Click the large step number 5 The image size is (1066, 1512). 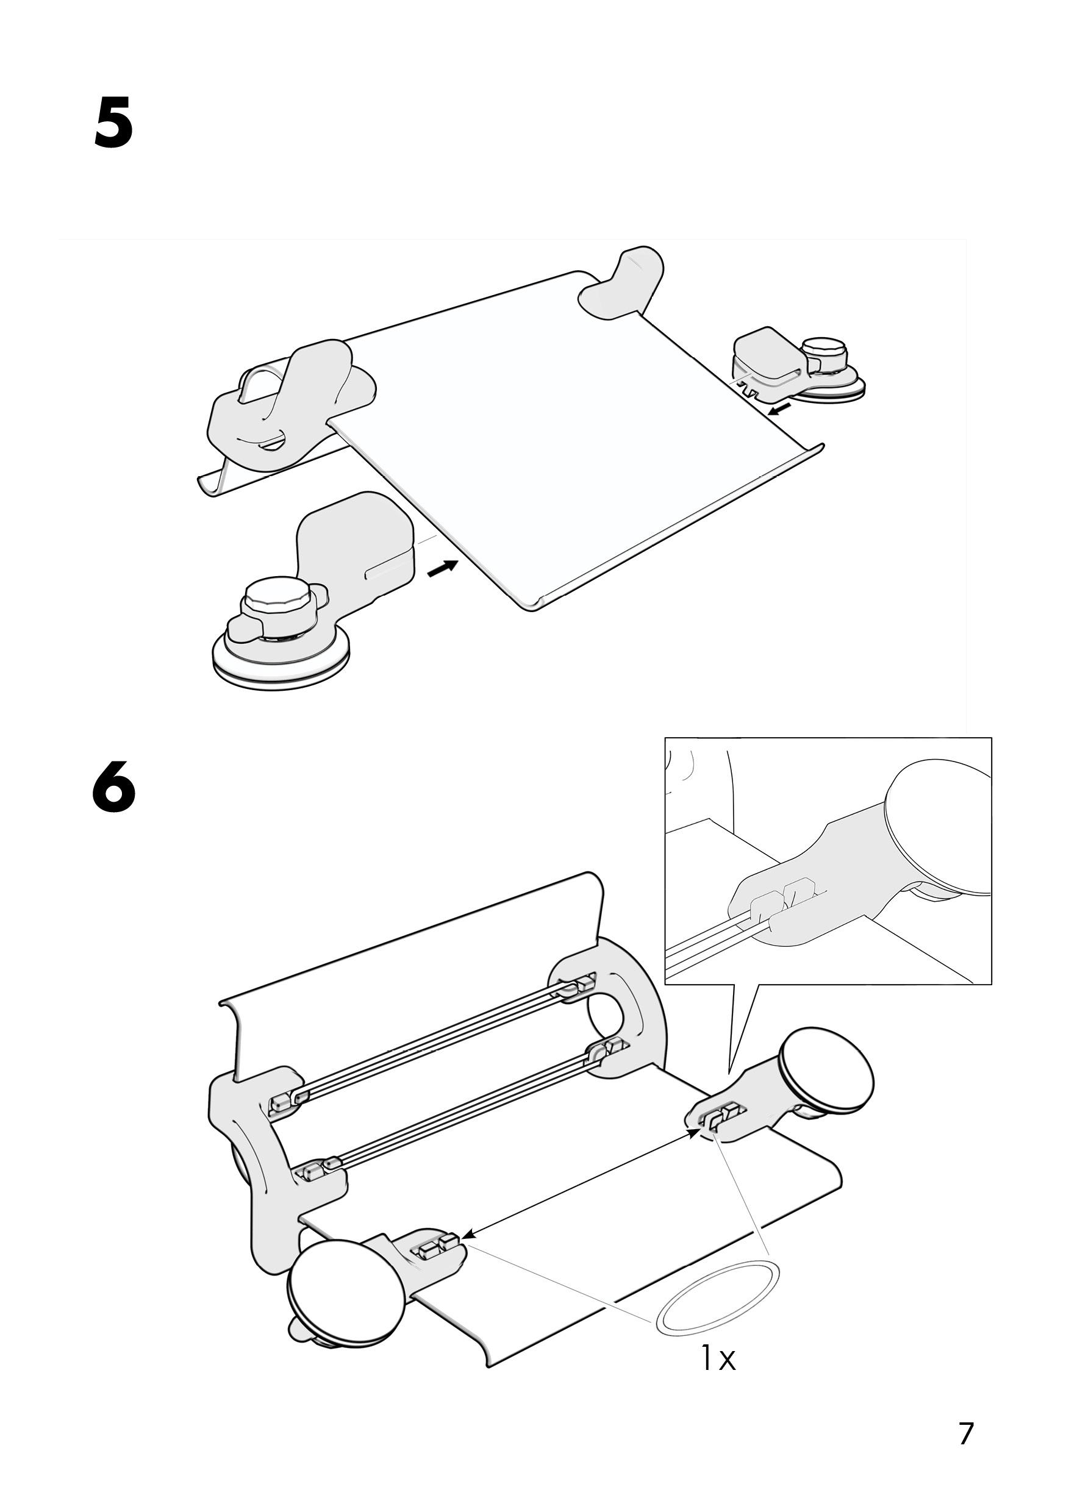tap(113, 123)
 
